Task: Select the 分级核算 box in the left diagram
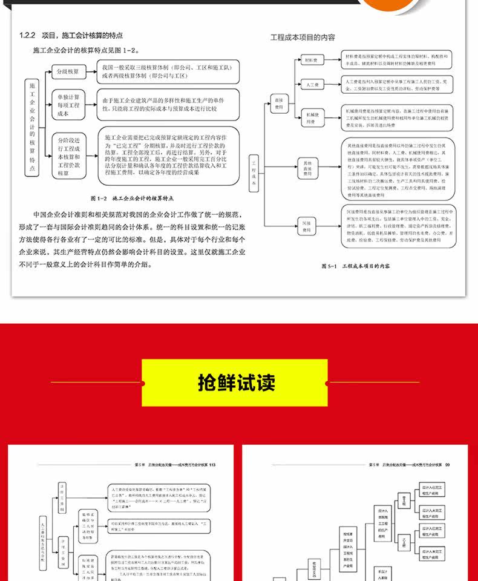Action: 68,71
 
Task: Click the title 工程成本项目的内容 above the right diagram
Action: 302,38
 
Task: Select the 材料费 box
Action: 312,61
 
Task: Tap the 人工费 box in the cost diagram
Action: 312,85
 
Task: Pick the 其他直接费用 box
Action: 307,168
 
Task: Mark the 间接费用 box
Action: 307,227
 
